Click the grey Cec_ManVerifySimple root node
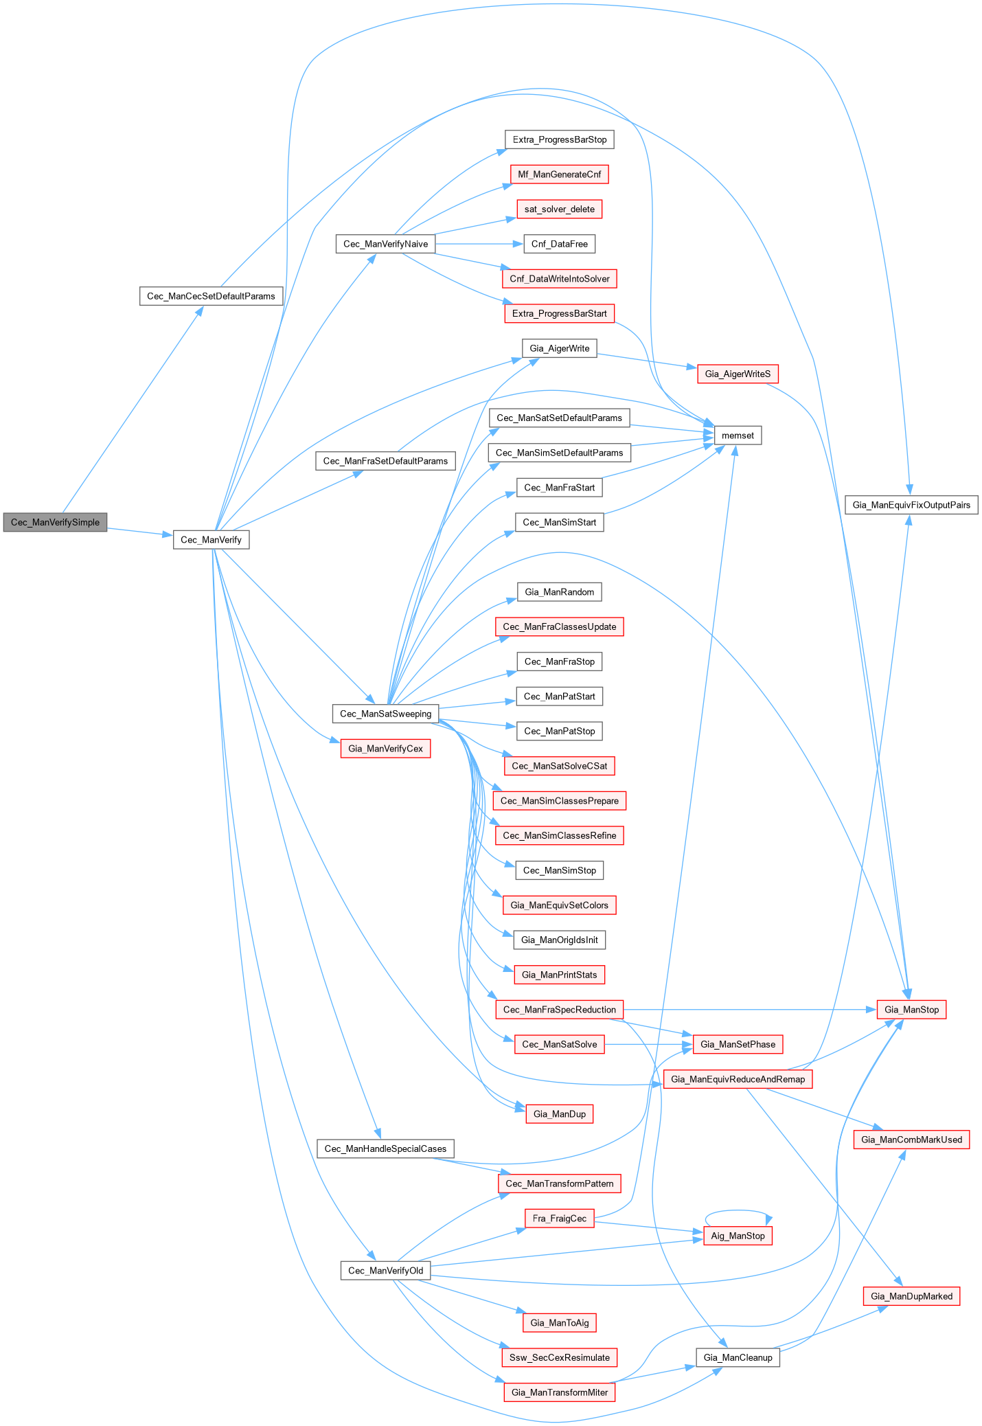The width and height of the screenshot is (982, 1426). (x=55, y=522)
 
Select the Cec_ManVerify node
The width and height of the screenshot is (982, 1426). (x=211, y=540)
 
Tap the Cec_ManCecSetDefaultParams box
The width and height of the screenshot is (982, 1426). (x=211, y=296)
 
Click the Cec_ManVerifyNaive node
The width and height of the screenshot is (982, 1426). (x=385, y=244)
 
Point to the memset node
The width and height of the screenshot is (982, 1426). (x=738, y=435)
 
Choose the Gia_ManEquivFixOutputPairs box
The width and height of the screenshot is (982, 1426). (x=911, y=505)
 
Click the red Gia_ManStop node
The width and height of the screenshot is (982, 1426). (x=911, y=1010)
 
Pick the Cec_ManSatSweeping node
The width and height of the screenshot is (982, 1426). (x=385, y=714)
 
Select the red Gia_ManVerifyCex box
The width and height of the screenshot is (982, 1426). (x=385, y=749)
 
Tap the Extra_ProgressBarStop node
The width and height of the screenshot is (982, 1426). (x=560, y=139)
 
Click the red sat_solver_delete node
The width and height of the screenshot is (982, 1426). (x=560, y=210)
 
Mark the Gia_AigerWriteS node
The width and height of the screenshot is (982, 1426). (x=738, y=374)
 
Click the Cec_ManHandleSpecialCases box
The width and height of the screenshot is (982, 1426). (x=385, y=1148)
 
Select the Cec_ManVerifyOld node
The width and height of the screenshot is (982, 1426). (x=385, y=1271)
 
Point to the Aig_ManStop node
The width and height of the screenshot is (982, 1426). (x=738, y=1236)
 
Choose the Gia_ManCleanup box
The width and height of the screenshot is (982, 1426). (x=738, y=1357)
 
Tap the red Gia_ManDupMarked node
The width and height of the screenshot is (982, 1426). (x=911, y=1296)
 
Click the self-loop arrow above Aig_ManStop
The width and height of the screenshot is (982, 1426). (x=738, y=1211)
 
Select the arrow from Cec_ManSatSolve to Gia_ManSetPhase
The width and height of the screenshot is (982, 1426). (x=648, y=1044)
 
